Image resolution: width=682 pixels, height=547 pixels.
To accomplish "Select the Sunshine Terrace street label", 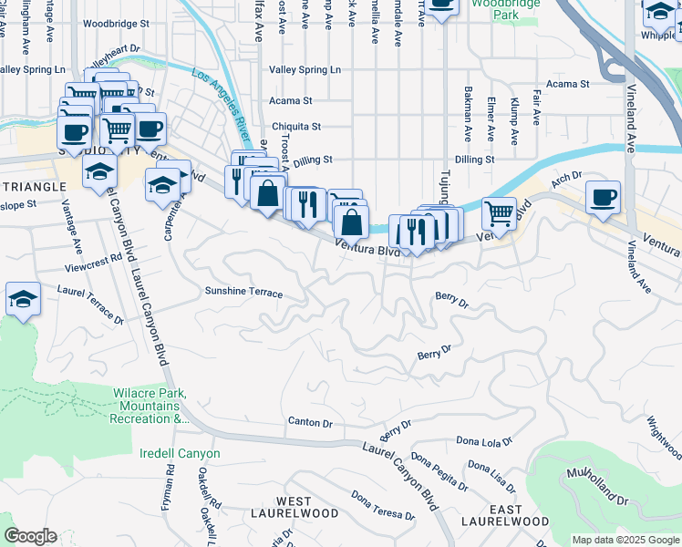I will tap(243, 294).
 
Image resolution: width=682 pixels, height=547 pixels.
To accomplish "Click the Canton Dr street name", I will tap(311, 422).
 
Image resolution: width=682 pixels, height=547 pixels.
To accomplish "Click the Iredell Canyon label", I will tap(180, 453).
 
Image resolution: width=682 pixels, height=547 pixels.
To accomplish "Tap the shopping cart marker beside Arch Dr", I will tap(499, 214).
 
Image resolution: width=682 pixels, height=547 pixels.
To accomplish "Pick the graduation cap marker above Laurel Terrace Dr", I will tap(22, 299).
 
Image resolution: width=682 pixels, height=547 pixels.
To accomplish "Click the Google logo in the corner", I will tap(31, 535).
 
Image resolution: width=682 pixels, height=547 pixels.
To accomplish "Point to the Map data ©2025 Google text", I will tap(625, 540).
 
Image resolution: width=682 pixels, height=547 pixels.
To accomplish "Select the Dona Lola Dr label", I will tap(485, 441).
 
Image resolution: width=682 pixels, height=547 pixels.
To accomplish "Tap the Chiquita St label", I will tap(295, 127).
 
